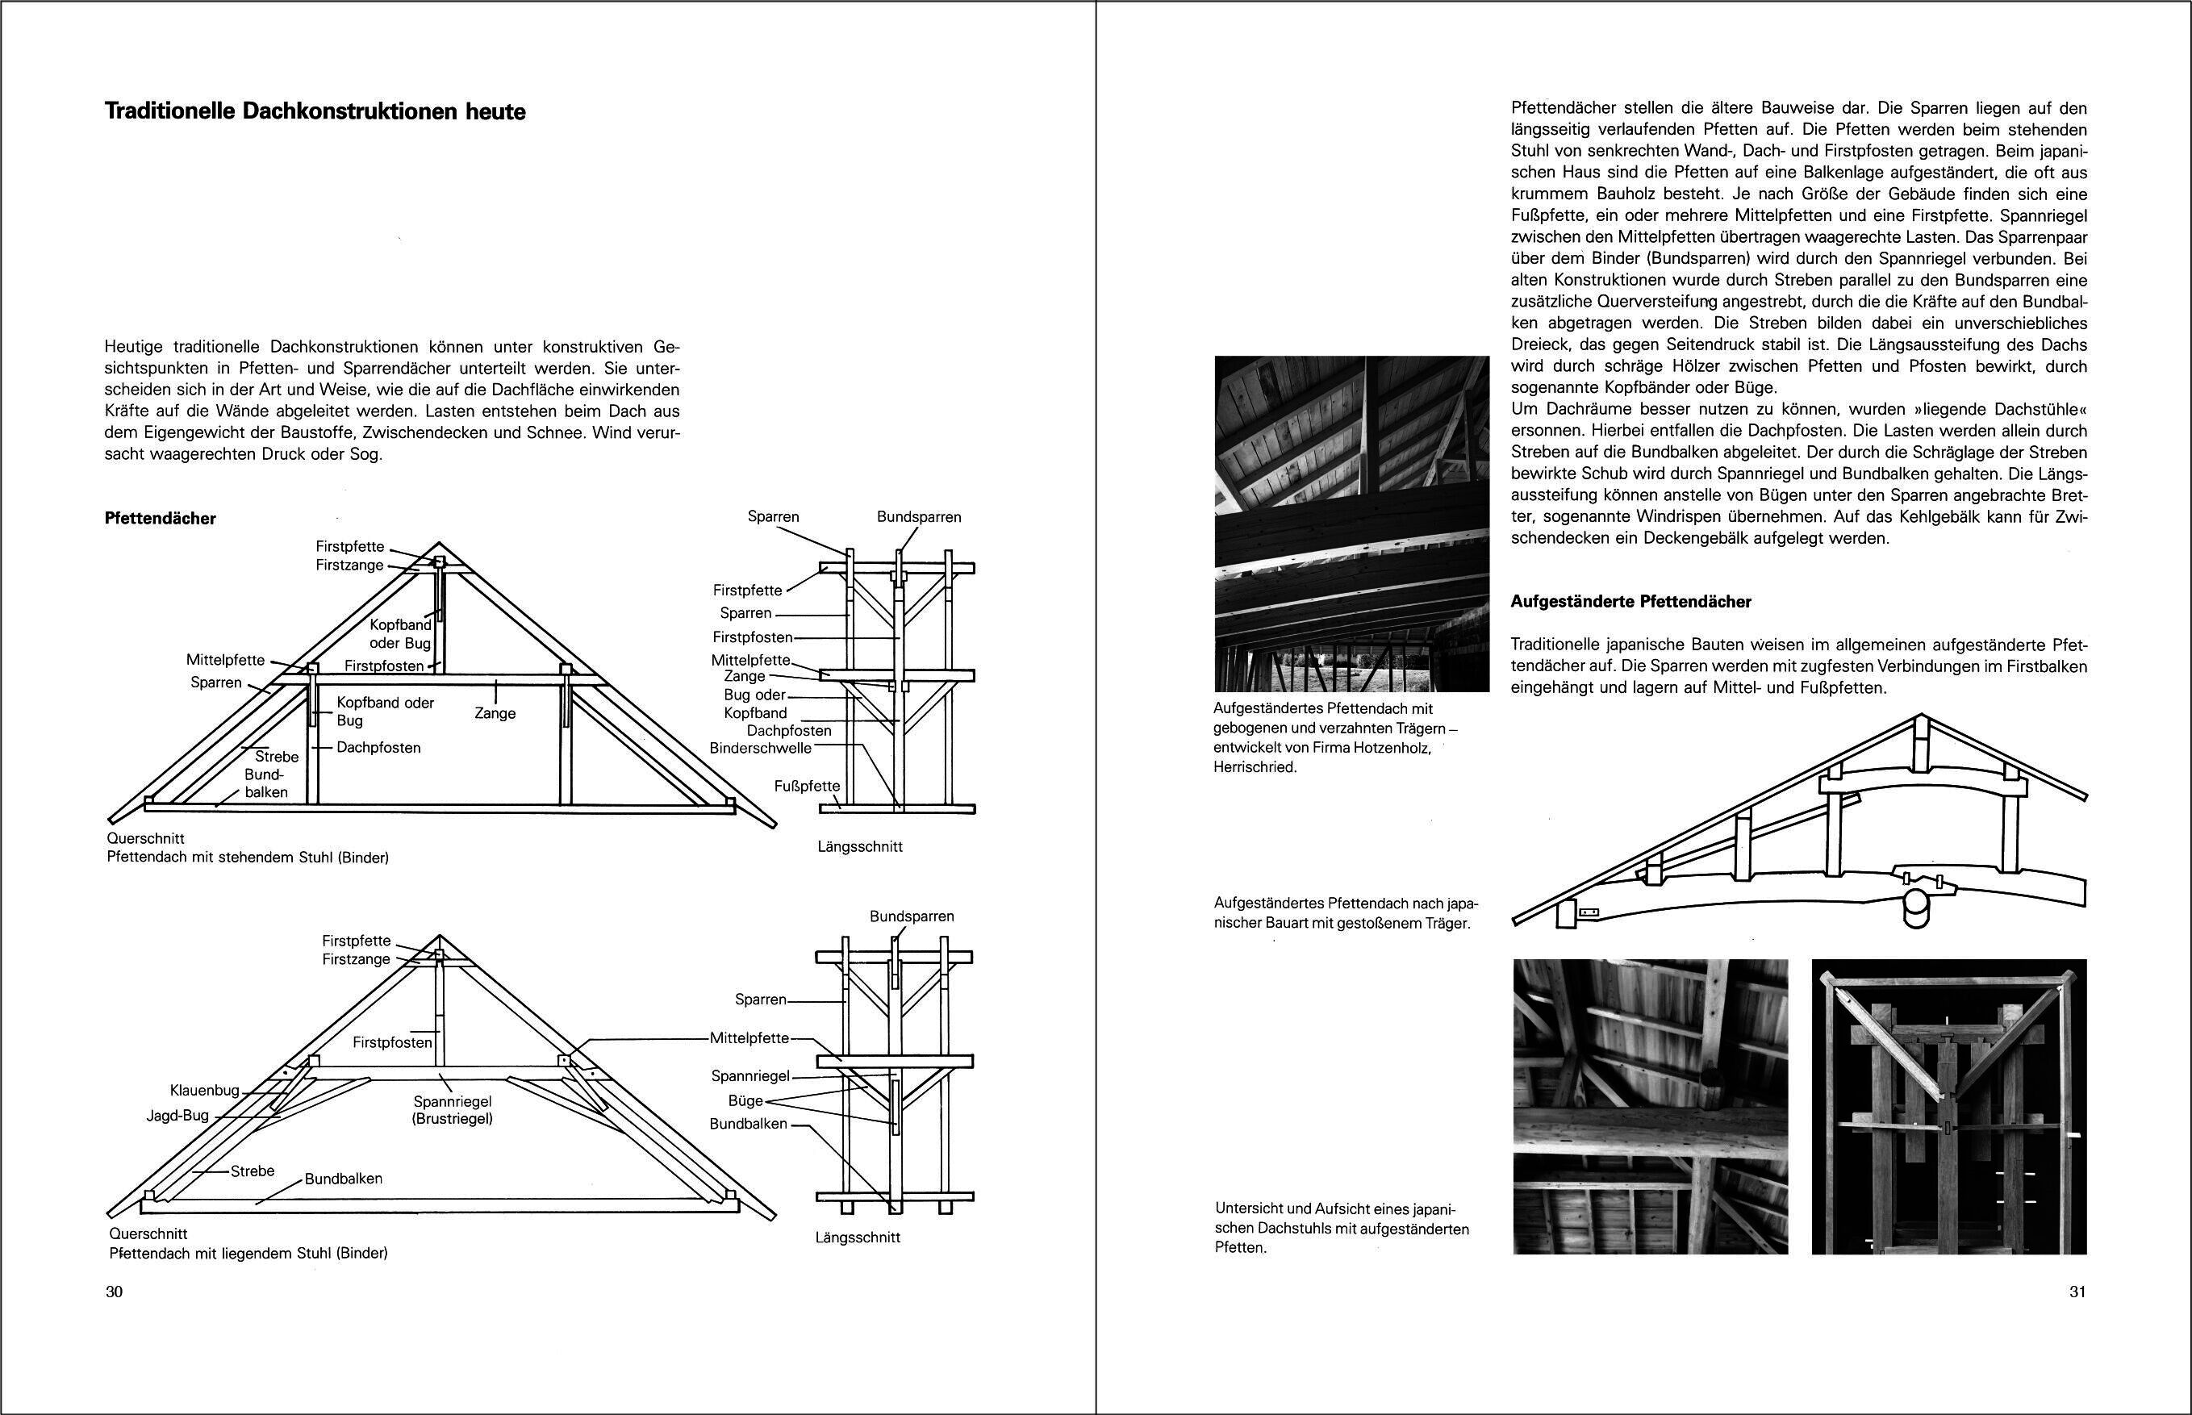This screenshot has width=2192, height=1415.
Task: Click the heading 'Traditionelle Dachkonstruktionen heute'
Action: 315,112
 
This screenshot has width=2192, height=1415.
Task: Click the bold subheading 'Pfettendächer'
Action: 161,518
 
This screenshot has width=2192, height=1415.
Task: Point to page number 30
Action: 114,1292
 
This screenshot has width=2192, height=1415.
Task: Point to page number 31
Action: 2078,1292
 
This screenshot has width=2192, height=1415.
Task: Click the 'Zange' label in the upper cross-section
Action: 495,713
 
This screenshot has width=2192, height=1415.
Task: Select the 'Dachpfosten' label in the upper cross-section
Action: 378,748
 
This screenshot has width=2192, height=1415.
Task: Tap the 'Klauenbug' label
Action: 204,1091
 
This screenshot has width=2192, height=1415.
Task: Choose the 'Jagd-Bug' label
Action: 177,1116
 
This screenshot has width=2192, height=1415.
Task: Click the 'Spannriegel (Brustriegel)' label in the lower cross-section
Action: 453,1110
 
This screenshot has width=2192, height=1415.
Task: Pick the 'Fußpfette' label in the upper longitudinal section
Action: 807,786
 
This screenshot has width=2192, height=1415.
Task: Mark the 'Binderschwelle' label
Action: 761,748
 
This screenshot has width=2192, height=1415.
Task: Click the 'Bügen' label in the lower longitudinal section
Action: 745,1100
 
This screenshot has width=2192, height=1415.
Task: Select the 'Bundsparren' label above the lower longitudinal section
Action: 912,916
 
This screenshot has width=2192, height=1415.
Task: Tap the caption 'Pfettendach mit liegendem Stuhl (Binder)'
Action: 248,1254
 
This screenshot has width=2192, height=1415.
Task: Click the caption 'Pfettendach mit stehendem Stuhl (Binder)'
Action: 248,858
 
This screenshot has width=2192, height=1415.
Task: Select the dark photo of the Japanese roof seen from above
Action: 1948,1107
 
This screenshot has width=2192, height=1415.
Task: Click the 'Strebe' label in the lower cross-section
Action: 253,1171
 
